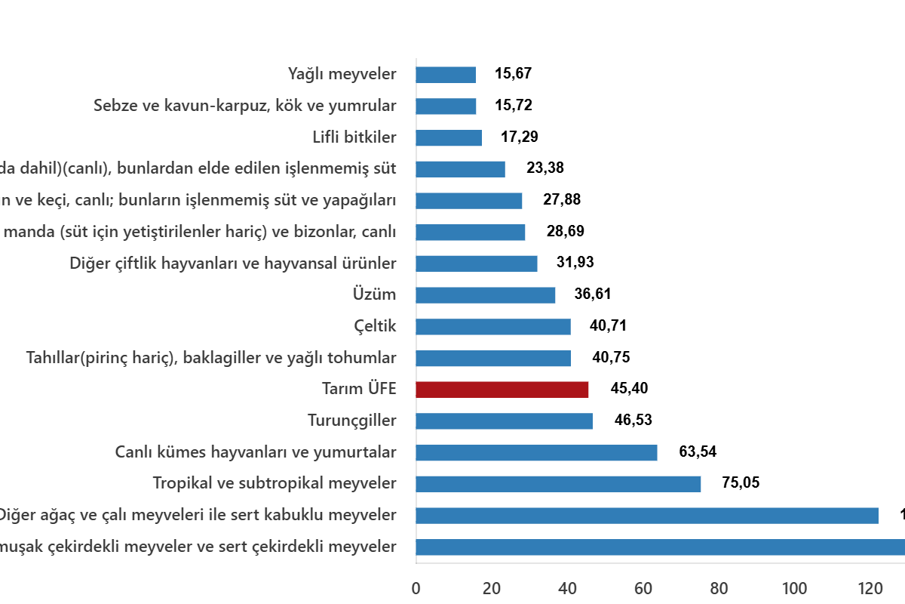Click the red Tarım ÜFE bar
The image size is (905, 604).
pos(502,390)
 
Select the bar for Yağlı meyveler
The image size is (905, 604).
pos(446,75)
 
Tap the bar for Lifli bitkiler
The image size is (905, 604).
pos(449,137)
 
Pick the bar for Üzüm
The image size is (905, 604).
pos(486,295)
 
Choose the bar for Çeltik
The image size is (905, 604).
pos(493,327)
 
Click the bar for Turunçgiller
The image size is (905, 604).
pos(504,421)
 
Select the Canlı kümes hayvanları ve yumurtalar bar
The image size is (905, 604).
pos(536,453)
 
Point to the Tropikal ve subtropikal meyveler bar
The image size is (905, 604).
pos(558,484)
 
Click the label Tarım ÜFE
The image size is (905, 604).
pos(358,390)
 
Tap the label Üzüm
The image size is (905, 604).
pos(374,294)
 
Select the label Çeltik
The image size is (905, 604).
pos(375,326)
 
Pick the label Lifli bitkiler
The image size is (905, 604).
pos(354,137)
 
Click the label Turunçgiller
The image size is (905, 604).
pos(351,421)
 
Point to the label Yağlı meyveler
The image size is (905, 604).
pos(342,74)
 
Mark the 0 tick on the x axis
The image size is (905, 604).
pos(416,588)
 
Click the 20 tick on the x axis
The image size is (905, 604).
pos(492,588)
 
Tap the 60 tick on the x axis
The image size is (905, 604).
pos(643,588)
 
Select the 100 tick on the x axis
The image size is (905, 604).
pos(795,588)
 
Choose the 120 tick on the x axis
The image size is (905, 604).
pos(870,588)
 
